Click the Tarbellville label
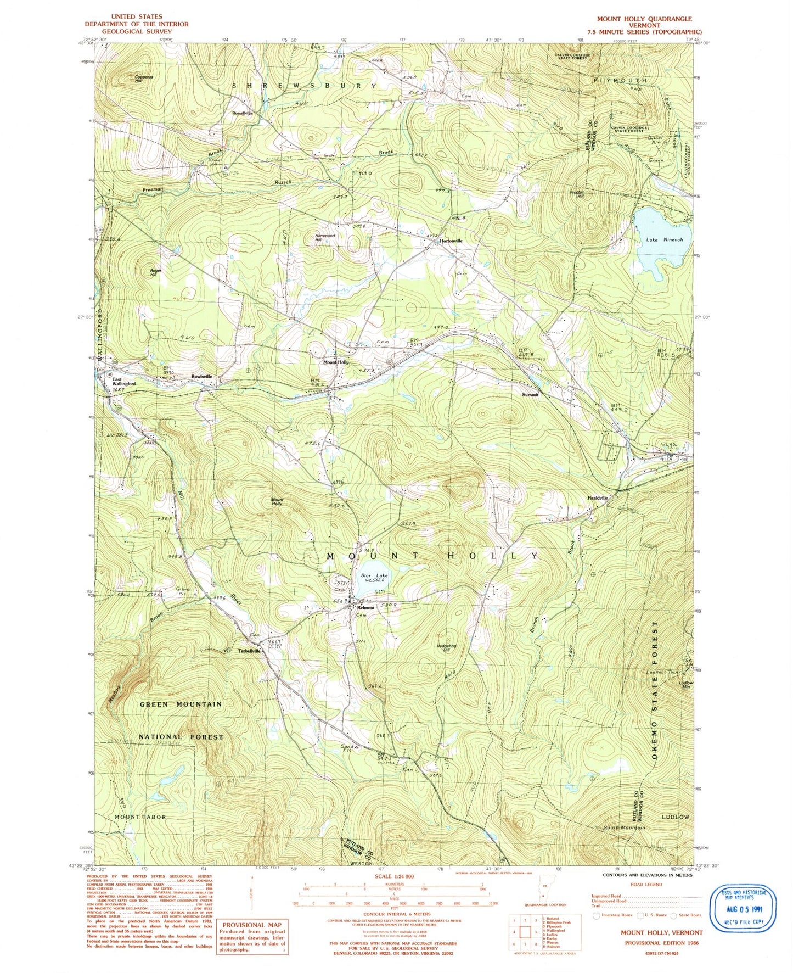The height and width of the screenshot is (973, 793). (x=249, y=651)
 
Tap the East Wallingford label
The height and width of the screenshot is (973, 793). (x=124, y=381)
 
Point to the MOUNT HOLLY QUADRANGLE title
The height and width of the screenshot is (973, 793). (x=644, y=19)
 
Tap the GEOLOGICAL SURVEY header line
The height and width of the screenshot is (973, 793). (x=136, y=31)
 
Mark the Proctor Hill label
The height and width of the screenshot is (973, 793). (x=576, y=194)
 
